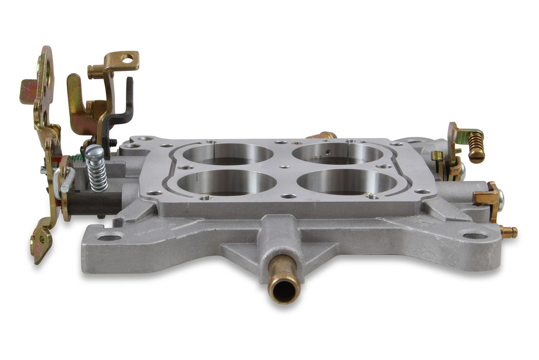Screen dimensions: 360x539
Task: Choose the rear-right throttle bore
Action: (x=338, y=153)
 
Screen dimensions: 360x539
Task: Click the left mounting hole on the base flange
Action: (x=109, y=237)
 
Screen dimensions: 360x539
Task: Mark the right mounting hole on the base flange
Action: (x=474, y=236)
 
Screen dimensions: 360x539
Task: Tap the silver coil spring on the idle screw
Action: (x=98, y=174)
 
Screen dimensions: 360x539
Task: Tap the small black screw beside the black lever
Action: (x=113, y=142)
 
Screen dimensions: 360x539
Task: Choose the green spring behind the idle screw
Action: (x=77, y=157)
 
